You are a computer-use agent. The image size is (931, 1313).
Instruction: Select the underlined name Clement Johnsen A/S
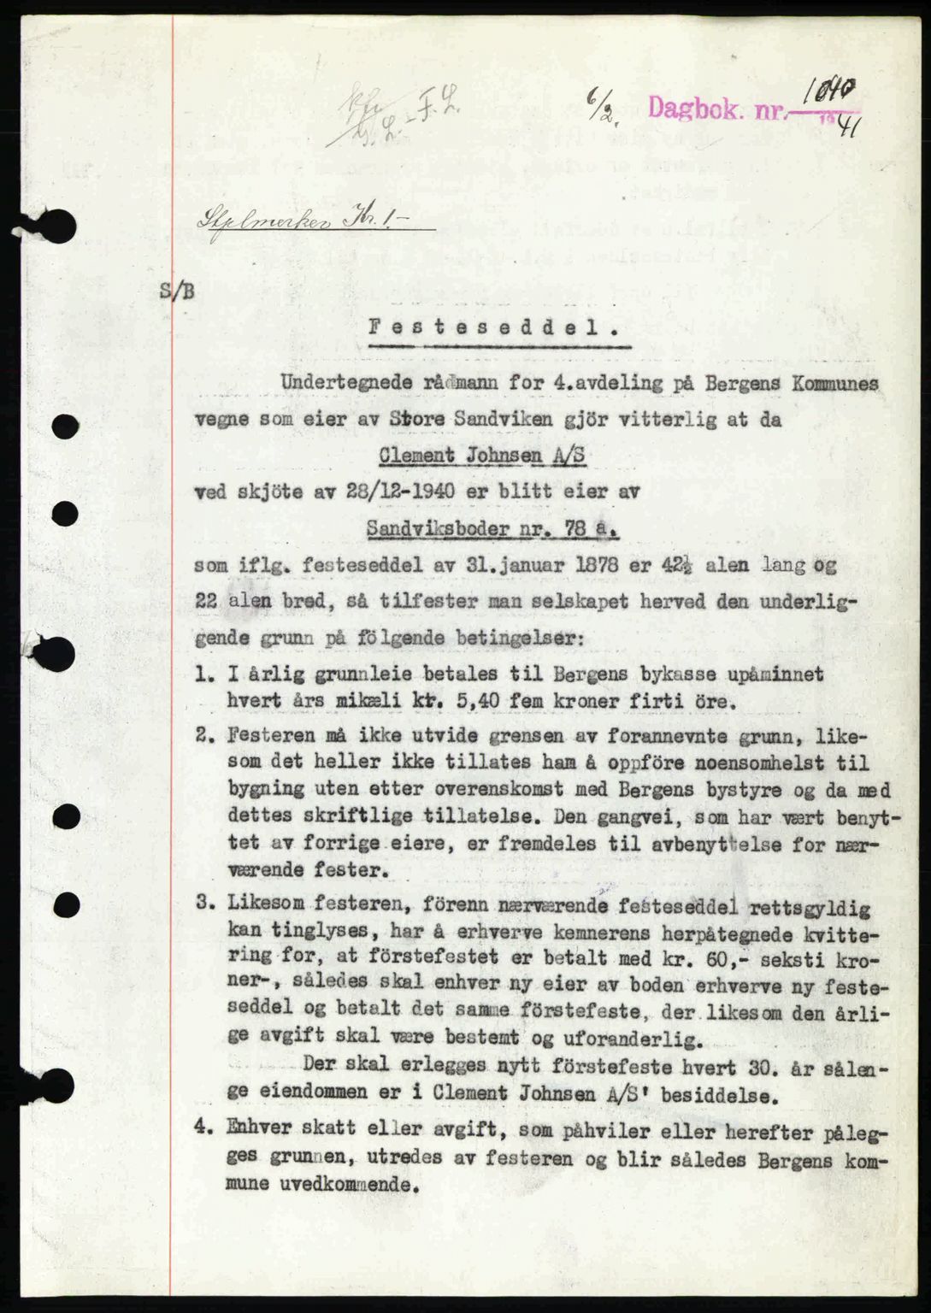coord(483,456)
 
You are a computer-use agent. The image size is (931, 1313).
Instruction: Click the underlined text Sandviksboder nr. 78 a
coord(492,529)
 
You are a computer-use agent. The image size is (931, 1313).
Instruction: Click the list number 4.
coord(202,1128)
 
